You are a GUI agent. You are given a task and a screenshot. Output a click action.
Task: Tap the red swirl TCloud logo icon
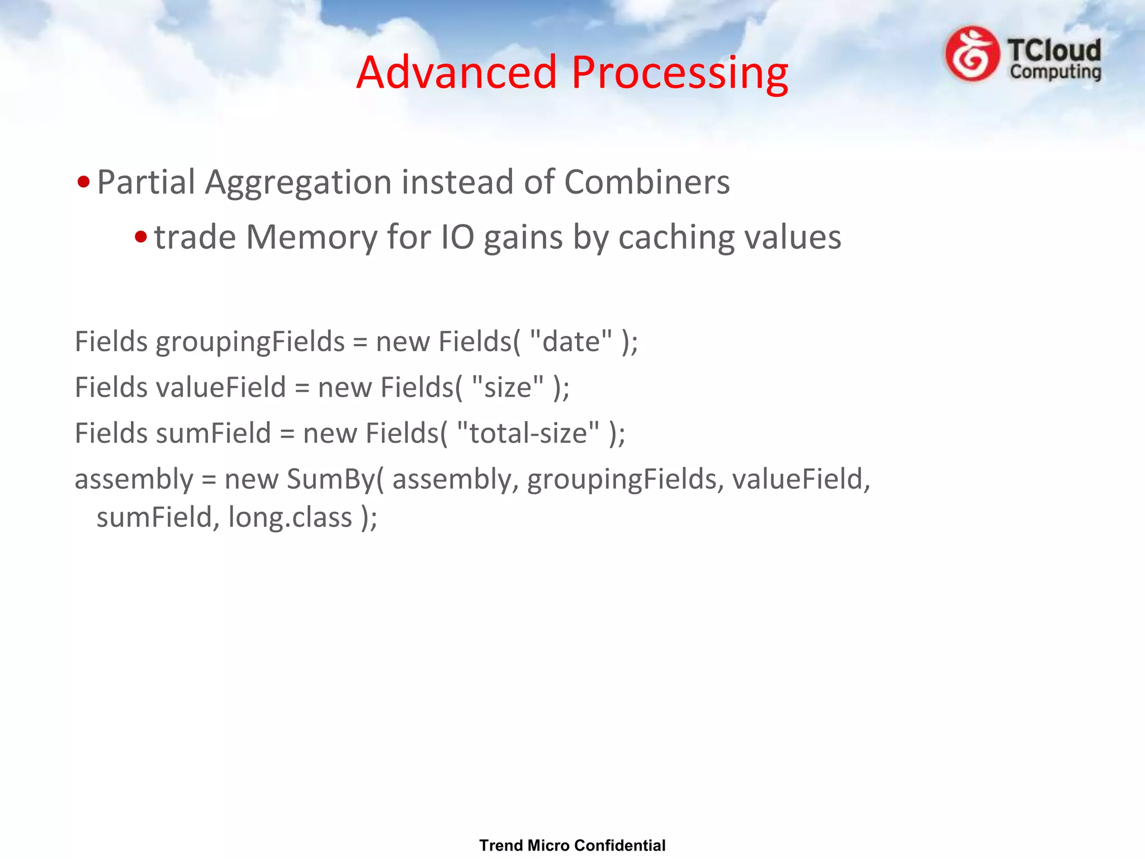[x=972, y=54]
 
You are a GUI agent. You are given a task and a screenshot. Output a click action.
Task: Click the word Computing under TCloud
[x=1055, y=72]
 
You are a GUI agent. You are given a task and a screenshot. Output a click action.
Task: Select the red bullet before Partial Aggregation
[x=84, y=182]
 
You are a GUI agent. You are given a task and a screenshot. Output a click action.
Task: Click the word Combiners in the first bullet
[x=647, y=182]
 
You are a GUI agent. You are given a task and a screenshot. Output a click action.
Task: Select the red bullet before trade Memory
[x=141, y=237]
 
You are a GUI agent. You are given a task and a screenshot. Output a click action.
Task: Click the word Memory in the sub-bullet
[x=312, y=237]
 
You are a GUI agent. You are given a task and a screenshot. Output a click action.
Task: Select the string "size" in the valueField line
[x=507, y=386]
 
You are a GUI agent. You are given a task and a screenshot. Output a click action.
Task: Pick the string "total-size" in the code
[x=528, y=432]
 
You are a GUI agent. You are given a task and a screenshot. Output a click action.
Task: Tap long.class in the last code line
[x=290, y=517]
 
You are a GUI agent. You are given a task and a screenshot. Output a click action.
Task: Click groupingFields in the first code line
[x=250, y=342]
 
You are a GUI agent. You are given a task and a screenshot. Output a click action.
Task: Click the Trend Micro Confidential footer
[x=572, y=845]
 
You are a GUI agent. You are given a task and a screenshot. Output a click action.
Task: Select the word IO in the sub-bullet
[x=458, y=237]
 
